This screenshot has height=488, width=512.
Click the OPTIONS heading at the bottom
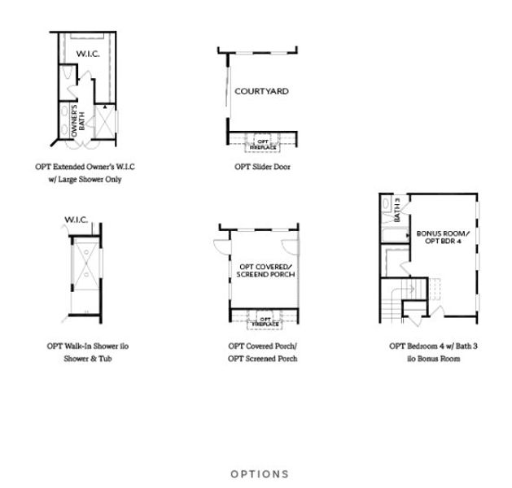259,473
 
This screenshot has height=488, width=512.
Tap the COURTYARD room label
261,91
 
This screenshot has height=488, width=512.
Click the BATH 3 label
397,210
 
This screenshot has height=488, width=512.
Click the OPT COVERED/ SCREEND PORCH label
266,271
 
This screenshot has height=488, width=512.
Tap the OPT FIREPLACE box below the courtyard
263,142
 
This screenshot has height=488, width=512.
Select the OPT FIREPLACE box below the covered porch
265,320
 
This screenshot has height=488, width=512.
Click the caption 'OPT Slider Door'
262,167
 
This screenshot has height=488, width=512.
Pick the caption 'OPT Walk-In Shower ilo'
86,346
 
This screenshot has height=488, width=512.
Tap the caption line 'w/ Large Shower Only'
85,179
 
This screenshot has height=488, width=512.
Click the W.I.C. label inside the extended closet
87,54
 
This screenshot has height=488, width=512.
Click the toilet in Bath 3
386,203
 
